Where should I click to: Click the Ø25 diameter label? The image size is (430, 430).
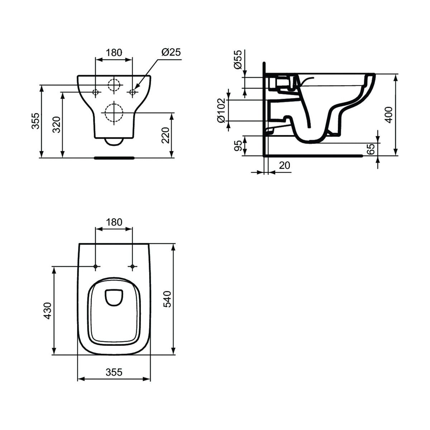tap(171, 52)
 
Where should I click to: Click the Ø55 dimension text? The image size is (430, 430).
tap(238, 59)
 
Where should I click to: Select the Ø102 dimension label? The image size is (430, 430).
tap(222, 110)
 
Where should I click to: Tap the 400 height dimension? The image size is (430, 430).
tap(389, 115)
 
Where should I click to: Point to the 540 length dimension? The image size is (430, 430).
tap(167, 299)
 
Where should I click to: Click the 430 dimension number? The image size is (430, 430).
tap(48, 311)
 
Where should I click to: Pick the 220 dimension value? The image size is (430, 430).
tap(165, 135)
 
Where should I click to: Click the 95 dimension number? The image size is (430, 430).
tap(239, 146)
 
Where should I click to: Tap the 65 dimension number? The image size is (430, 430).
tap(371, 149)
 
